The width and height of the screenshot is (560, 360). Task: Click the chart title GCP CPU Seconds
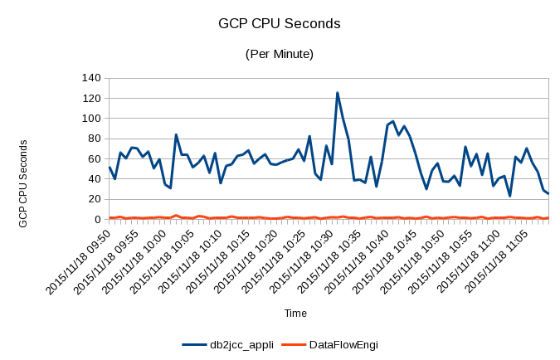pyautogui.click(x=279, y=25)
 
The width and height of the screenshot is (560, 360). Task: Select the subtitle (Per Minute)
pyautogui.click(x=279, y=54)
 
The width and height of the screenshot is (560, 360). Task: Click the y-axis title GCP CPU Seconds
pyautogui.click(x=24, y=183)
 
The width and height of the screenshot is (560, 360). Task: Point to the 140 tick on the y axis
pyautogui.click(x=90, y=78)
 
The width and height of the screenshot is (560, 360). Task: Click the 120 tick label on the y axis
pyautogui.click(x=90, y=98)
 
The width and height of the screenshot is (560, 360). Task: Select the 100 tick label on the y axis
pyautogui.click(x=90, y=119)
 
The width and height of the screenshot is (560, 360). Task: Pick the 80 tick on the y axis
pyautogui.click(x=94, y=139)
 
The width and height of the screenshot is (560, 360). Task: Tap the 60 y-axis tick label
pyautogui.click(x=94, y=158)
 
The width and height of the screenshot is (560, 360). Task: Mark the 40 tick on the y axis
pyautogui.click(x=94, y=179)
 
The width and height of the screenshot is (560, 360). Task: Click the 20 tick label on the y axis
pyautogui.click(x=94, y=199)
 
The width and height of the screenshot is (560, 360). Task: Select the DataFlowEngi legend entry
pyautogui.click(x=343, y=343)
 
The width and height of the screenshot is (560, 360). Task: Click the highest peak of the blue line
pyautogui.click(x=338, y=93)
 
